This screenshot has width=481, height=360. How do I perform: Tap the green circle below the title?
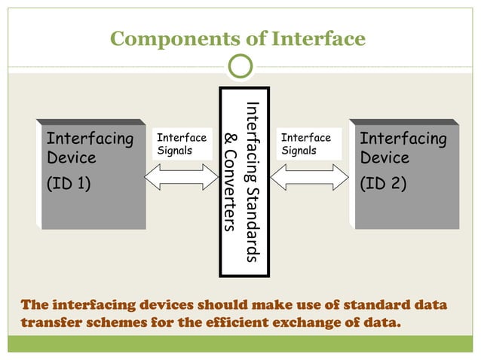240,67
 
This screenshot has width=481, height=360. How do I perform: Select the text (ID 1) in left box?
69,182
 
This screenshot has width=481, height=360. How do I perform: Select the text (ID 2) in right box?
384,182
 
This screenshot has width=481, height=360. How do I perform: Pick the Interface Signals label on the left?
181,144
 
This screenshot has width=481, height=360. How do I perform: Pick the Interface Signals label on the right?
305,144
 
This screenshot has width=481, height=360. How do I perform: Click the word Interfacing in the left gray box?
90,139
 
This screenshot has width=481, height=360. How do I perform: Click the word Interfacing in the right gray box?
403,139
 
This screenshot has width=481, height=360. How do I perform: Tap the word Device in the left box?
72,158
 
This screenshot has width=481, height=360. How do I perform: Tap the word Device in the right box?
384,158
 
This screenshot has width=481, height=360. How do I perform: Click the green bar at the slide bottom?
240,344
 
